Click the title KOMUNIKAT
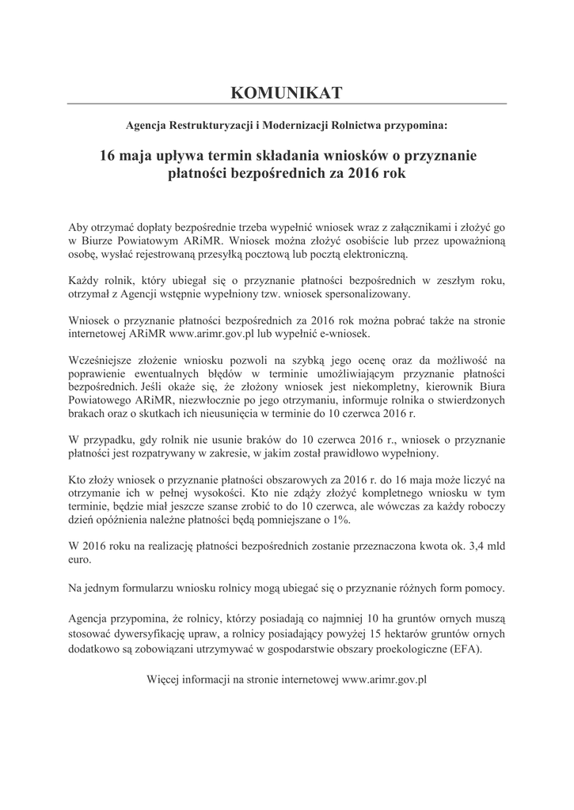pyautogui.click(x=287, y=93)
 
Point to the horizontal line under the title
pyautogui.click(x=287, y=104)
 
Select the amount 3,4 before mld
pyautogui.click(x=473, y=547)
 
